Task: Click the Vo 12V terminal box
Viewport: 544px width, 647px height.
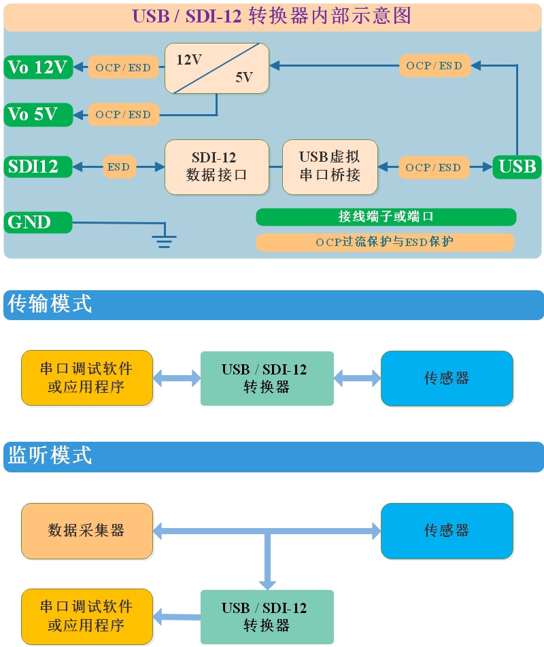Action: (38, 67)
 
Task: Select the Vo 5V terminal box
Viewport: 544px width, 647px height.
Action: (38, 114)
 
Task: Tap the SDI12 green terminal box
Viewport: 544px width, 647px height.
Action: (38, 167)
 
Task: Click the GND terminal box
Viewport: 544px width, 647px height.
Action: (38, 222)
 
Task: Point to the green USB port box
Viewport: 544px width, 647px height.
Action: (517, 167)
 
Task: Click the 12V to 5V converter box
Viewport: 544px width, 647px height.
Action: (217, 69)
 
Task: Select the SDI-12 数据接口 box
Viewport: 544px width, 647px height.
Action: (217, 167)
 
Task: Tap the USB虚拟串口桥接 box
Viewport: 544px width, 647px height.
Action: (330, 167)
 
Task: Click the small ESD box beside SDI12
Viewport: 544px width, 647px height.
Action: (119, 167)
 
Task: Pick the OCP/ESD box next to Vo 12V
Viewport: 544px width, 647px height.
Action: (123, 67)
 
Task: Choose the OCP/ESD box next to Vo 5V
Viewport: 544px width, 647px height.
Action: (123, 114)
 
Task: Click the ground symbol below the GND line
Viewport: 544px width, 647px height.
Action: (164, 240)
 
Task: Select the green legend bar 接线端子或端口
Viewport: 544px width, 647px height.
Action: (386, 217)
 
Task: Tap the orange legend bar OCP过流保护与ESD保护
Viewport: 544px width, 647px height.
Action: (385, 242)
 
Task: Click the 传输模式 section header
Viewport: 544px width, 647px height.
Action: (273, 304)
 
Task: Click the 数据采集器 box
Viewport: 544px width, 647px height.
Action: (87, 531)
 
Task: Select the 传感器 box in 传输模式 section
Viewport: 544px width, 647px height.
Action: (447, 379)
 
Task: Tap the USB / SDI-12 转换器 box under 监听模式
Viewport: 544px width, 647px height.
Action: (267, 616)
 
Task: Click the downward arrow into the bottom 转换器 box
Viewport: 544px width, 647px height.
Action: (267, 578)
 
